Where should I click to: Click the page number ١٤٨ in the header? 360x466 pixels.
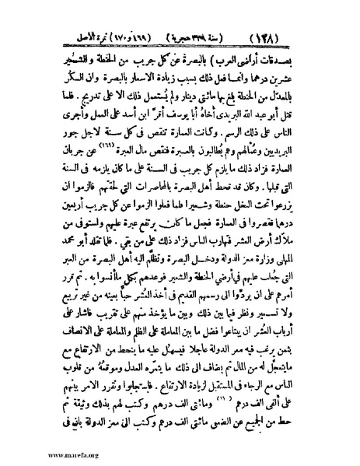click(310, 16)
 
